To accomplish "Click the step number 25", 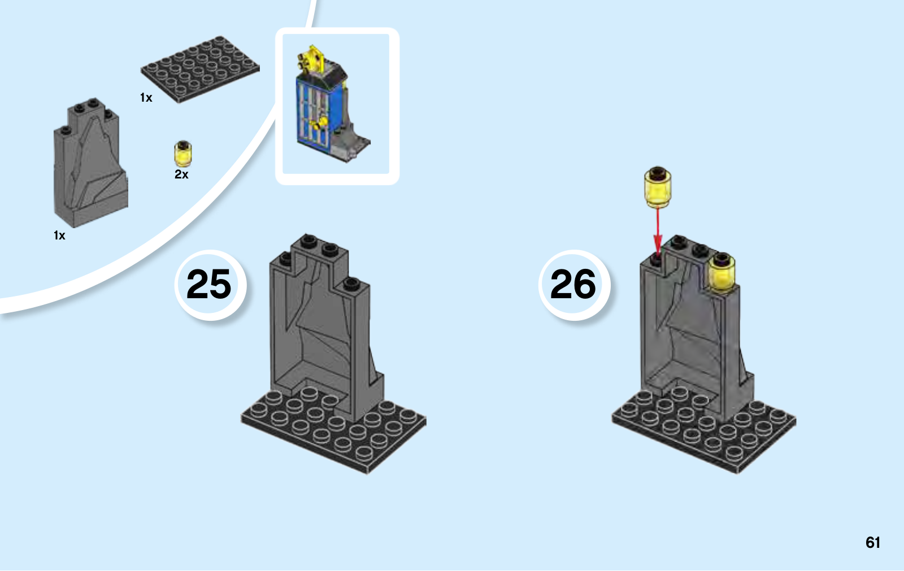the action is tap(208, 284).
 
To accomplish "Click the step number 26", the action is tap(573, 284).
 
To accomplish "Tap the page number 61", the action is tap(872, 543).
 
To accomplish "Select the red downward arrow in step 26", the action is tap(657, 232).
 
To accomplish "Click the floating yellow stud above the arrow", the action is tap(657, 188).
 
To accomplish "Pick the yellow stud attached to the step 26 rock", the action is tap(722, 273).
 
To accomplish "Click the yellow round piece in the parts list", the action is tap(182, 154).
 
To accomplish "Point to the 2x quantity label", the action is tap(181, 175).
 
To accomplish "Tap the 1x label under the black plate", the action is tap(146, 98).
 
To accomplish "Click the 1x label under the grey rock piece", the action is tap(59, 236).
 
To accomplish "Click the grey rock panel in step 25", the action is tap(322, 328).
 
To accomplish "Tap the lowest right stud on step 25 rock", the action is tap(351, 283).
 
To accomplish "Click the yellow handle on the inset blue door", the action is tap(323, 121).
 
